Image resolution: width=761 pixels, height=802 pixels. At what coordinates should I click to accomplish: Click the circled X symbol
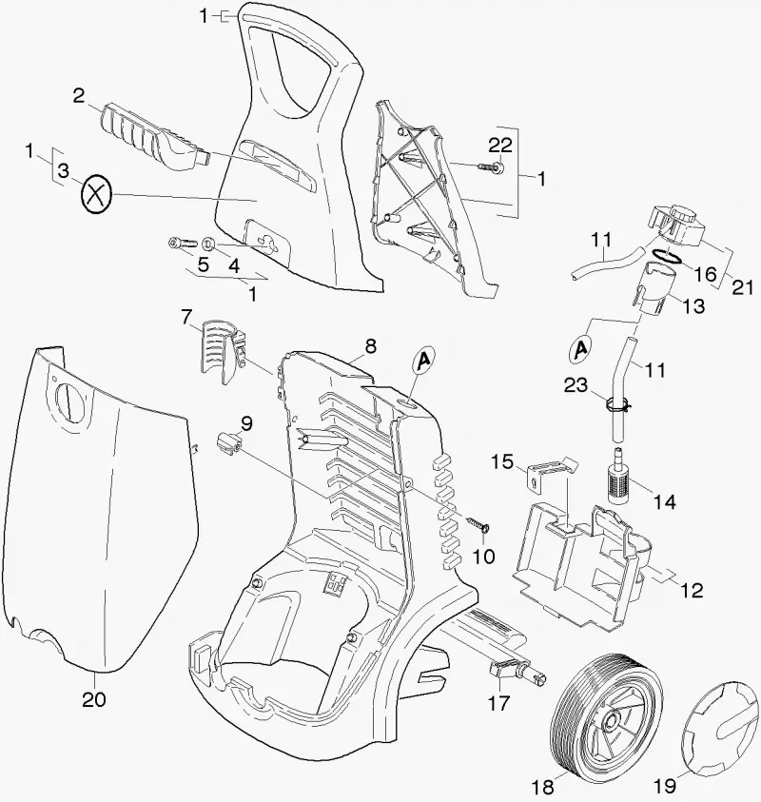coord(96,195)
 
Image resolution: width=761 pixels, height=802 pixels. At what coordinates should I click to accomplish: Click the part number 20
coord(94,698)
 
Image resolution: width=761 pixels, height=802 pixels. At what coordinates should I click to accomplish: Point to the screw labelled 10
coord(478,524)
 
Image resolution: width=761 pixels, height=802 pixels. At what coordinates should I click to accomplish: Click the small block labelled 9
coord(229,441)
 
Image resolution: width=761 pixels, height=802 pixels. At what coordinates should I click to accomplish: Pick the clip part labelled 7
coord(223,351)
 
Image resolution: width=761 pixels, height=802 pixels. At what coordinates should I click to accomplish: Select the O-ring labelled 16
coord(668,255)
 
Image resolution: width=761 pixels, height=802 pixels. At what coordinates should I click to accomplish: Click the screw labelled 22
coord(491,166)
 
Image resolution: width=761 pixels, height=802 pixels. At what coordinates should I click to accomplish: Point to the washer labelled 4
coord(209,243)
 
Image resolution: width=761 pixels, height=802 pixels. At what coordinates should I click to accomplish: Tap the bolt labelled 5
coord(183,243)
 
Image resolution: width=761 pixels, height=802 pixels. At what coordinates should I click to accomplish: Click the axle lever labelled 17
coord(517,670)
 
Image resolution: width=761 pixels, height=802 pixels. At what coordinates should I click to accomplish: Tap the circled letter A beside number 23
coord(581,349)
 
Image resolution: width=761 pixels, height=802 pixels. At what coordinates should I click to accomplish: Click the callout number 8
coord(371,345)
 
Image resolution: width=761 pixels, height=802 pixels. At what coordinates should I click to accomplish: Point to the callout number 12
coord(692,590)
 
